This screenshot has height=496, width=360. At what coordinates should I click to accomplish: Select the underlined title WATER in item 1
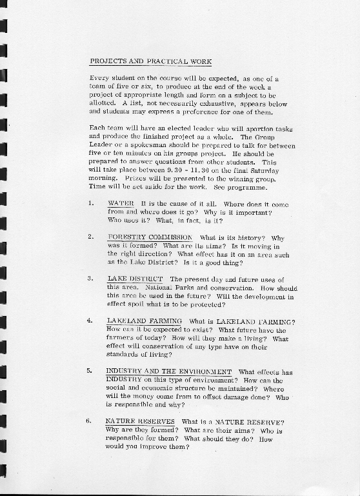tap(121, 203)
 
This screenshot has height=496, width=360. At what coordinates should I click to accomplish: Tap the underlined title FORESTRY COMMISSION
tap(150, 237)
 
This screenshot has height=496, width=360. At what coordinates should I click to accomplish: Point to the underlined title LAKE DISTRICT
tap(134, 279)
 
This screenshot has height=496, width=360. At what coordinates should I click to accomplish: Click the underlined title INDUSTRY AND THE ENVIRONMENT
tap(169, 372)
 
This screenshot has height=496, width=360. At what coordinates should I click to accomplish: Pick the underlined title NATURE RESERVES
tap(140, 421)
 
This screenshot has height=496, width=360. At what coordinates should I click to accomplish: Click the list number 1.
tap(91, 204)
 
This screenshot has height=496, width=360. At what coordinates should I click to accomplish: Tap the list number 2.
tap(91, 237)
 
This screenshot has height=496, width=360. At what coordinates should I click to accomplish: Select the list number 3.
tap(91, 279)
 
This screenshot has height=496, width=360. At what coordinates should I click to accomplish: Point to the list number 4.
tap(91, 321)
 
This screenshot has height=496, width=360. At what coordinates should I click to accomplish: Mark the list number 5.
tap(91, 372)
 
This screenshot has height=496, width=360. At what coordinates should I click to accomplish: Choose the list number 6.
tap(91, 422)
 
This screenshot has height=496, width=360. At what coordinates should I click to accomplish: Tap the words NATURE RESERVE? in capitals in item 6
tap(248, 422)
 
